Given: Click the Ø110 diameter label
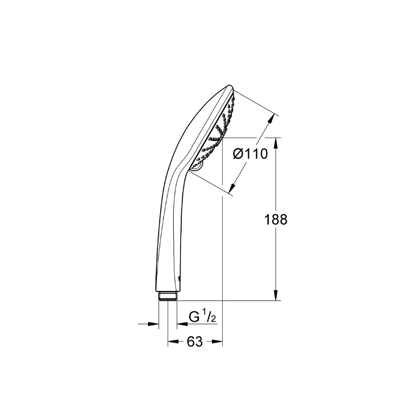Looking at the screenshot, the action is tap(250, 154).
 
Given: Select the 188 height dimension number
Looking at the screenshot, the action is tap(276, 219).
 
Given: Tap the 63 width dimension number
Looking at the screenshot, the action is tap(195, 342).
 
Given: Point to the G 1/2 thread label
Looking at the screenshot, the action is tap(202, 317).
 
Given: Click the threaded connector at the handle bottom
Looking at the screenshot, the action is tap(167, 296).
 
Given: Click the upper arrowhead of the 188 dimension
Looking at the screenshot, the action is tap(276, 142).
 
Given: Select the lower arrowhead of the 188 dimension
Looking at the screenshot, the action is tap(276, 296).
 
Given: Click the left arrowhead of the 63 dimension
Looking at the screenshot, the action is tap(173, 341).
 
